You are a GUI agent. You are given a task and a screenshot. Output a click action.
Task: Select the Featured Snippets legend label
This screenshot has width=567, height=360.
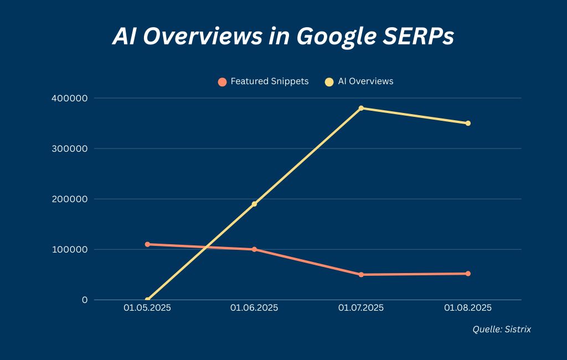pyautogui.click(x=269, y=81)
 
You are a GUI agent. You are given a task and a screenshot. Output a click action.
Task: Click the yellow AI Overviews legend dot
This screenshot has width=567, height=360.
pyautogui.click(x=329, y=82)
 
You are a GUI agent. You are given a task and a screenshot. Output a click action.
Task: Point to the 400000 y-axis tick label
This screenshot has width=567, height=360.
pyautogui.click(x=69, y=98)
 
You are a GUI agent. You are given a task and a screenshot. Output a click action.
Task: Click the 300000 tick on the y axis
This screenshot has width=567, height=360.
pyautogui.click(x=69, y=148)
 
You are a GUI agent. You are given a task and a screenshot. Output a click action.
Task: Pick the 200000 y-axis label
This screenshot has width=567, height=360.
pyautogui.click(x=69, y=199)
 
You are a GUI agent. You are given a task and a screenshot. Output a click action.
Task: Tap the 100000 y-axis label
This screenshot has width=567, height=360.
pyautogui.click(x=69, y=249)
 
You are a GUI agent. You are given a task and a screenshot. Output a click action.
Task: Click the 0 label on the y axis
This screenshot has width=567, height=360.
pyautogui.click(x=85, y=300)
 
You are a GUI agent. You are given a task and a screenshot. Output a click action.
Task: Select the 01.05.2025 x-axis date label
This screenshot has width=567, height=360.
pyautogui.click(x=147, y=308)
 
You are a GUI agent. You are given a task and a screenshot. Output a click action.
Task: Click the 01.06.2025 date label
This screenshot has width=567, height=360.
pyautogui.click(x=254, y=308)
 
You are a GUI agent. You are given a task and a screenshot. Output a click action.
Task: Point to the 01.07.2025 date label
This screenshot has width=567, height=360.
pyautogui.click(x=361, y=308)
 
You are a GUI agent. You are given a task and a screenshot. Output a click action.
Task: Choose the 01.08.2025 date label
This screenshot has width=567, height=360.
pyautogui.click(x=468, y=308)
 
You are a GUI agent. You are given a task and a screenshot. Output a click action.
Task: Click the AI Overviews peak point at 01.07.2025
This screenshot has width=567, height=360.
pyautogui.click(x=361, y=108)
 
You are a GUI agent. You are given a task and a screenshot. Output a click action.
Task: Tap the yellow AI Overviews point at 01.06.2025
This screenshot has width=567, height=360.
pyautogui.click(x=254, y=204)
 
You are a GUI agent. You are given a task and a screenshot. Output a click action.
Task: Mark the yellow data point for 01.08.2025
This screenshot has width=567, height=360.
pyautogui.click(x=468, y=123)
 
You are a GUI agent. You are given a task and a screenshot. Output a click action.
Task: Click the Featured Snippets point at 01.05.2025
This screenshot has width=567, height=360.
pyautogui.click(x=147, y=244)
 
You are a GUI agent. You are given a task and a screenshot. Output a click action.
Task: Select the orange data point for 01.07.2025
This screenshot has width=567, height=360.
pyautogui.click(x=361, y=275)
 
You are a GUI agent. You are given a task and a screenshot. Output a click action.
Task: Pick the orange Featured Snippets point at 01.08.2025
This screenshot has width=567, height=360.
pyautogui.click(x=468, y=274)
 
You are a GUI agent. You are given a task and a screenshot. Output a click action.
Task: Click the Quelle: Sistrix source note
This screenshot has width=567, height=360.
pyautogui.click(x=502, y=330)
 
